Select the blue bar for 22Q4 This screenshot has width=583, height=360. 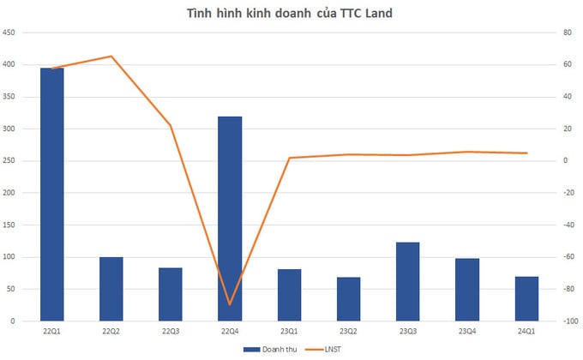[x=230, y=219]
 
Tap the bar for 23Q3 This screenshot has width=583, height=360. [x=407, y=282]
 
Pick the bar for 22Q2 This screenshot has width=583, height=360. [x=111, y=289]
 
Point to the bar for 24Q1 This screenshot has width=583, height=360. [x=526, y=298]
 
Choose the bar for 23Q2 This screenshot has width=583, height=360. [x=348, y=299]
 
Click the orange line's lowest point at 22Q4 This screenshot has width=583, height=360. [x=230, y=304]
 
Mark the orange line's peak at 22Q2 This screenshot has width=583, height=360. [x=111, y=57]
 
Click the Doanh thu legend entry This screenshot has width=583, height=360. [x=273, y=350]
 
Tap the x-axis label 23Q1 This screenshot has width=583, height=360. [x=289, y=331]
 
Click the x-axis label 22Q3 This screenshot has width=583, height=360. [x=171, y=331]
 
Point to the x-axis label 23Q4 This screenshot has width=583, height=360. [x=466, y=331]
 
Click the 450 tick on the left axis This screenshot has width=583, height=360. [x=10, y=33]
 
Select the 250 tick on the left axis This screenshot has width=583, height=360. [x=10, y=161]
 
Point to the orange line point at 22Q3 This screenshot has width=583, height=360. [x=171, y=126]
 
